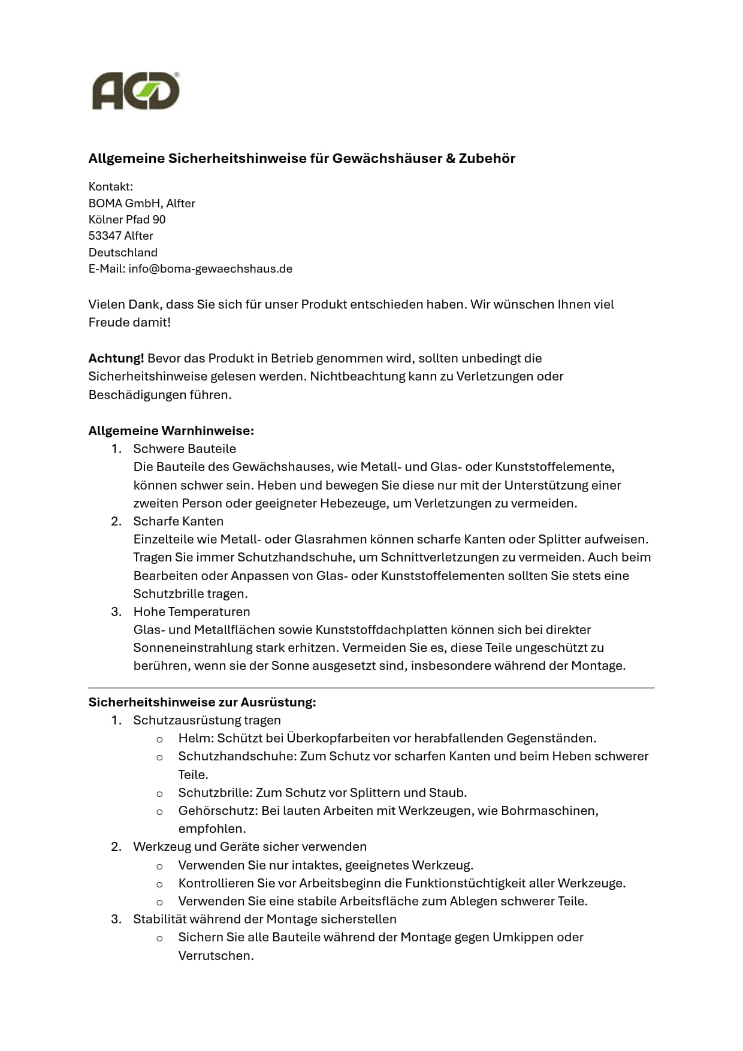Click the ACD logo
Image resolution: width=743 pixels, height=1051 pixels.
click(136, 92)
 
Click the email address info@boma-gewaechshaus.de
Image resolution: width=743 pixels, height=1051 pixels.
click(210, 268)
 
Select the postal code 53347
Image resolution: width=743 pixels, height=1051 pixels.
click(105, 235)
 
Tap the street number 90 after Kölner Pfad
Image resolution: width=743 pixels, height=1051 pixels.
click(159, 219)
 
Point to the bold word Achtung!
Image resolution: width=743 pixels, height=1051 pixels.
click(116, 358)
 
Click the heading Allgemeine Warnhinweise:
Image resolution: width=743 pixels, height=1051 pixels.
click(171, 431)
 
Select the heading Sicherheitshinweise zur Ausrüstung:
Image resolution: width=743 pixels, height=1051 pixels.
click(202, 702)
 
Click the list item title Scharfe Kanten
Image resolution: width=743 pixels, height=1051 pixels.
click(178, 521)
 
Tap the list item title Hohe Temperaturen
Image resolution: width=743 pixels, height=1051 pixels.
click(192, 611)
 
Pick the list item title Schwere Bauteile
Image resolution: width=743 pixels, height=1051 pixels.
click(185, 449)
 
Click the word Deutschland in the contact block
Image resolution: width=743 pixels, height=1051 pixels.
click(123, 252)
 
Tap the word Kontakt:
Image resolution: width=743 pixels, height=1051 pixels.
click(111, 186)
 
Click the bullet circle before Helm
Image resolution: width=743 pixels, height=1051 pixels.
click(159, 739)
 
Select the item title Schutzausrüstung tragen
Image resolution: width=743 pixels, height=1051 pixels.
click(207, 720)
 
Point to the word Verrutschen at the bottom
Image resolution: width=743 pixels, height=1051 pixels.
click(215, 955)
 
